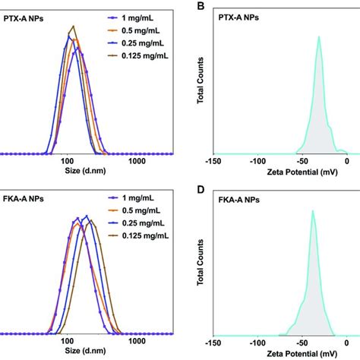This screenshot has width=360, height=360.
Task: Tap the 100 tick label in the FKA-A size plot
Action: [x=69, y=342]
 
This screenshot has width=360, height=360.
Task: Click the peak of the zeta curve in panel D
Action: [x=312, y=210]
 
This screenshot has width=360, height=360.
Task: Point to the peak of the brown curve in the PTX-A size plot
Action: [x=73, y=27]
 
